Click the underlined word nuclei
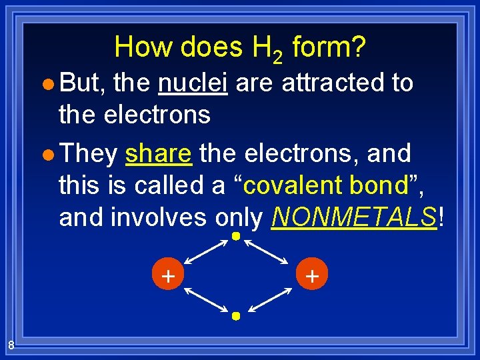(193, 83)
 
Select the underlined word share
(159, 153)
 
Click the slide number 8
(11, 345)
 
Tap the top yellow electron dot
(235, 237)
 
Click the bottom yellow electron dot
(235, 316)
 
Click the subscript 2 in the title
(276, 56)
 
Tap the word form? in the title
(329, 47)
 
